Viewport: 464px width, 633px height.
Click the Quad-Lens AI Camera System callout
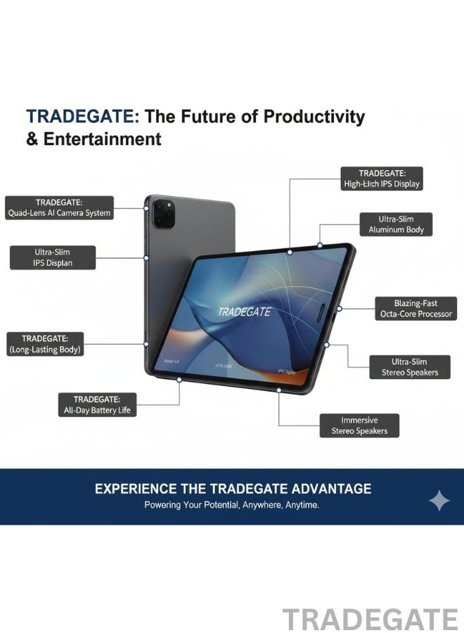(59, 207)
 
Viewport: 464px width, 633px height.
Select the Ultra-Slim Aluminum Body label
(396, 224)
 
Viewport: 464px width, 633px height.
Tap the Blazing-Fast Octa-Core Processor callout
(415, 308)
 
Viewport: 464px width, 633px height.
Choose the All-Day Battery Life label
(96, 404)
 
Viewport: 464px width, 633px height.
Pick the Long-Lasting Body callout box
(45, 343)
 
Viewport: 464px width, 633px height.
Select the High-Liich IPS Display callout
(382, 179)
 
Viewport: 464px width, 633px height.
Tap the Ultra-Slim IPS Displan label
(52, 257)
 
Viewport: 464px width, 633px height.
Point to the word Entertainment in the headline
(103, 139)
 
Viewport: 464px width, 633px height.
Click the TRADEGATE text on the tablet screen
(243, 312)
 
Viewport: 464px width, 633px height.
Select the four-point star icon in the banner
(439, 501)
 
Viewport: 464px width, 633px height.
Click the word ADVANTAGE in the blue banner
(327, 489)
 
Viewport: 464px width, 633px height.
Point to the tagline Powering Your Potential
(231, 505)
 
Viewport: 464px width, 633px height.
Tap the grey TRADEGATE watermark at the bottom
(370, 620)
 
